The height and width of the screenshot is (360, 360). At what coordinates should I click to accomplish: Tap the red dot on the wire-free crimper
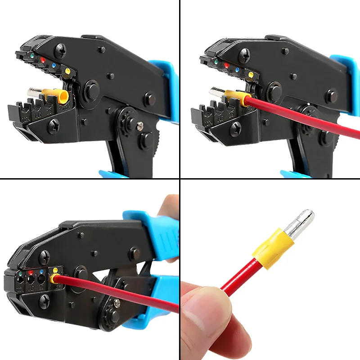point(43,59)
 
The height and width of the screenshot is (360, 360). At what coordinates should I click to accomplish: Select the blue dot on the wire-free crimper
point(54,65)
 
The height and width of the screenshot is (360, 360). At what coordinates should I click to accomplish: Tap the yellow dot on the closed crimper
point(55,270)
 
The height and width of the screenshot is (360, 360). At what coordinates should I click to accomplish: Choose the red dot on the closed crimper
point(31,272)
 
